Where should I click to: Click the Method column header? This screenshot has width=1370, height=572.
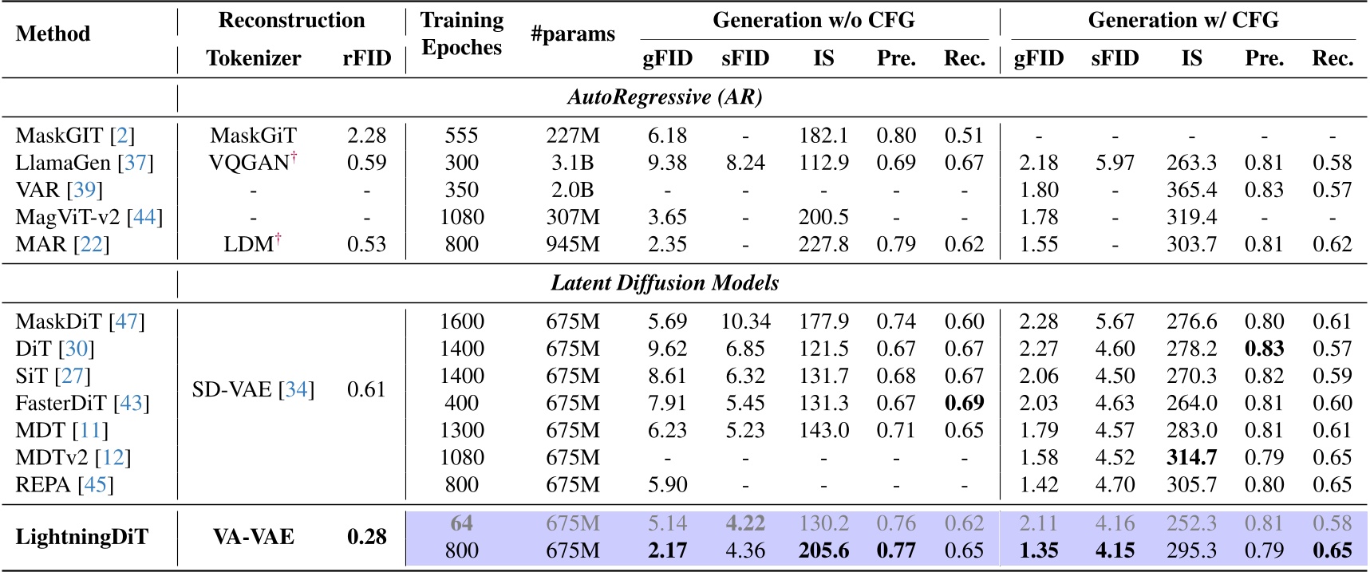53,34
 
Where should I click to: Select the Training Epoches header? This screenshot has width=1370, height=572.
462,34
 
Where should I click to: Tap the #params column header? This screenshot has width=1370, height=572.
573,34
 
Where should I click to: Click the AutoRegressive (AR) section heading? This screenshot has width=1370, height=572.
665,97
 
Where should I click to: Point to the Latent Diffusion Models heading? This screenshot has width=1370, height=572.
665,283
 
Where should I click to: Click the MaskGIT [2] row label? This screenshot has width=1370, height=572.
75,136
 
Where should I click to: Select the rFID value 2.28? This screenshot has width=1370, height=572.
366,136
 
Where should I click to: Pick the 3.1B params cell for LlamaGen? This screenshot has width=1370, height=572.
573,163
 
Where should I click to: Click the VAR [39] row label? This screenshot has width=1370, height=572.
59,190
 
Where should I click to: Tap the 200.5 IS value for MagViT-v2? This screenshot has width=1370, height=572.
823,217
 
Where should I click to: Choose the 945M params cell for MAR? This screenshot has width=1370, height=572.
573,244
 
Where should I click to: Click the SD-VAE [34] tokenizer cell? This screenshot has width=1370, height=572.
253,390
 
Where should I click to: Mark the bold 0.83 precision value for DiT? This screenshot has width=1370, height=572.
1264,349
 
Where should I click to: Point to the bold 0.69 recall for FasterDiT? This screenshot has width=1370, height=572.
964,403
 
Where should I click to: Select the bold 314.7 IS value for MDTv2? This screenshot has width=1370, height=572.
1191,457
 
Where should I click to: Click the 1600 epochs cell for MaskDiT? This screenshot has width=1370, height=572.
462,322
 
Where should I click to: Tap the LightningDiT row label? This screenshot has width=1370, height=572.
81,537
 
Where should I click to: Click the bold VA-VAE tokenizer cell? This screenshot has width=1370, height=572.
253,537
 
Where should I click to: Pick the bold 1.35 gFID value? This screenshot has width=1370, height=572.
1038,550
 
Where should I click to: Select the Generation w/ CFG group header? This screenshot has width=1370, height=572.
1183,20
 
